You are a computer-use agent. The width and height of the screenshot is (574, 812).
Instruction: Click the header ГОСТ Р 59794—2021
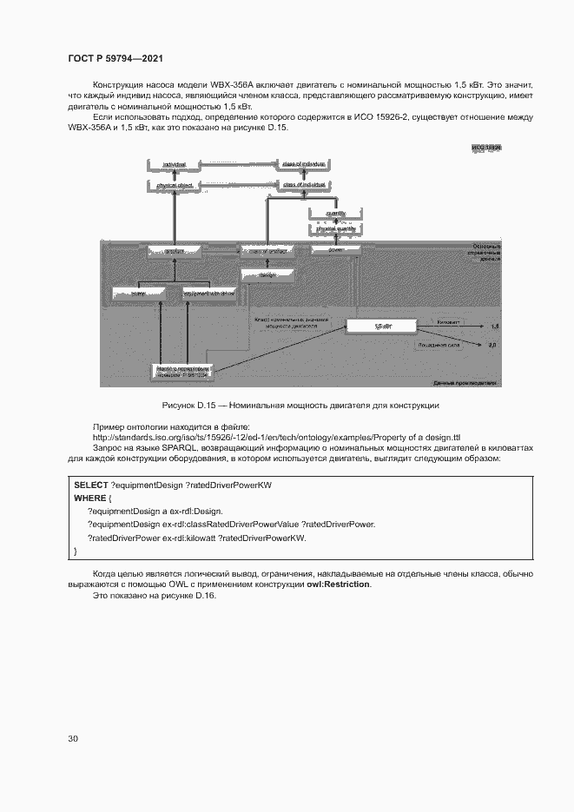point(115,58)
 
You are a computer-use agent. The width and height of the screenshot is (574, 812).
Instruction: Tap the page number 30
point(73,738)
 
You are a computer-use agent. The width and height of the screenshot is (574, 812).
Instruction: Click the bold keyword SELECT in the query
point(91,485)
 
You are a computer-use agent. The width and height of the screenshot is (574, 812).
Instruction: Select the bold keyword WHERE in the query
point(90,498)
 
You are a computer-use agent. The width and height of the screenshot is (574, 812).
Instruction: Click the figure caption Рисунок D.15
point(300,406)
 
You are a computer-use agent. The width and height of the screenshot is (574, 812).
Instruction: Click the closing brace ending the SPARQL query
point(76,551)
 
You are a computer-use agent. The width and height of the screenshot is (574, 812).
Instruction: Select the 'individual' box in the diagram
point(175,163)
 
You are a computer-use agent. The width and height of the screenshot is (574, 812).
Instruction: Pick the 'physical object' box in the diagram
point(175,185)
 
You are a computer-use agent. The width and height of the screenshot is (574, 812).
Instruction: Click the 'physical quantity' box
point(335,228)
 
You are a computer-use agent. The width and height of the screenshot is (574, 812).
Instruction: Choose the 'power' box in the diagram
point(335,249)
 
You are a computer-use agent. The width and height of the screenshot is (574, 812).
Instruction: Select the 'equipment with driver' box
point(209,294)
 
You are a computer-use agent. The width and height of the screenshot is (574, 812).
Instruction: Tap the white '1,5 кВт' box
point(383,326)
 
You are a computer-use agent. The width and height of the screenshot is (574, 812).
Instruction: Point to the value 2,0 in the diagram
point(492,345)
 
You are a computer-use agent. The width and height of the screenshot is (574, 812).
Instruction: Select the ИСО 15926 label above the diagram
point(486,149)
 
